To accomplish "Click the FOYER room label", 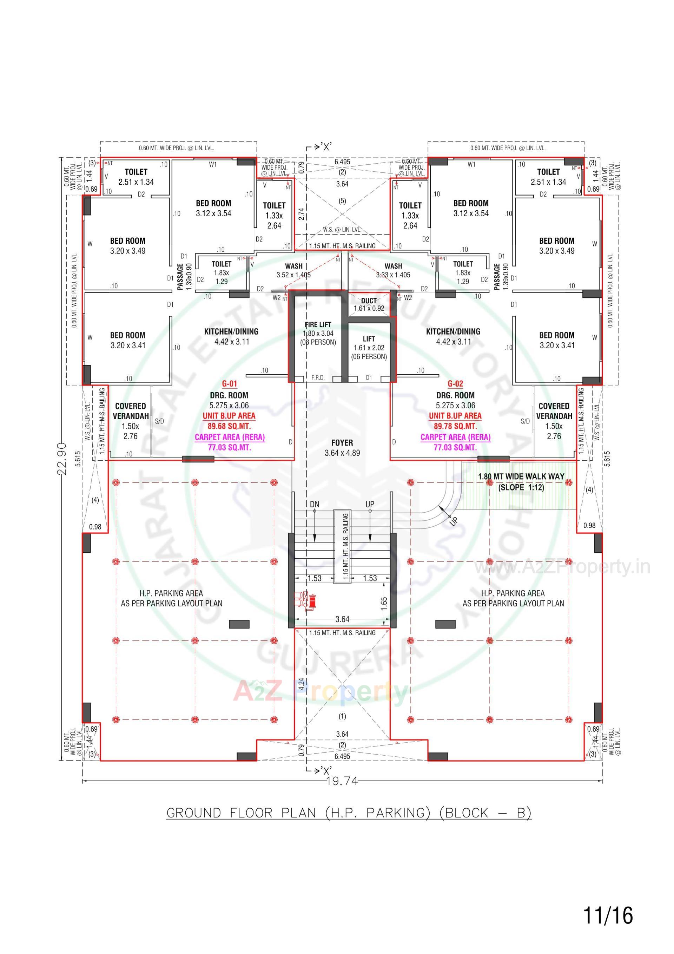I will pos(342,442).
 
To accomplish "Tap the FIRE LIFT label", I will pos(318,324).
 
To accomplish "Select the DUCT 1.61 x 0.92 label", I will pos(369,304).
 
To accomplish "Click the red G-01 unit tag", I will pos(229,384).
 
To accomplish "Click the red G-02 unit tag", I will pos(455,384).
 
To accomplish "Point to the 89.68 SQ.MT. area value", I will pos(229,426).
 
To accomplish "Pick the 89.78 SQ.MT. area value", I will pos(455,426).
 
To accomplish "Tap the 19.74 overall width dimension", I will pos(342,782).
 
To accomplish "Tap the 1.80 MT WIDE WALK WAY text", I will pos(521,476).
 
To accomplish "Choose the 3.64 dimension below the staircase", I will pos(342,619).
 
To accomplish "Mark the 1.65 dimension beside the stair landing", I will pos(384,603).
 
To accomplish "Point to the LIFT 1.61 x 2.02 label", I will pos(369,347).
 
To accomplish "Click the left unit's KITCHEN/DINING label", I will pos(231,331).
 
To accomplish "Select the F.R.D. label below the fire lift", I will pos(318,378).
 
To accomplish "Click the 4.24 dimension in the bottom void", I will pos(301,684).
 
